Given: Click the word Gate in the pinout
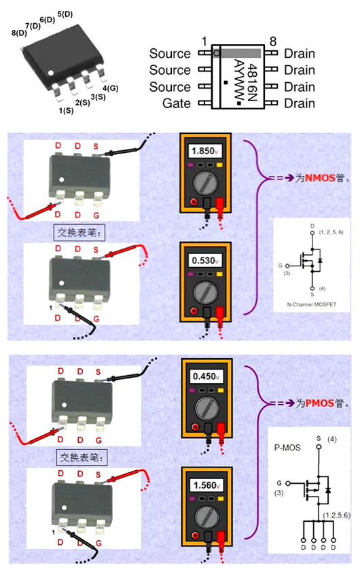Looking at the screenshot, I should [177, 104].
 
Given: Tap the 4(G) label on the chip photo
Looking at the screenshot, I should [110, 88].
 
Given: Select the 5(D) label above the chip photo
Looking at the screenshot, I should [65, 14].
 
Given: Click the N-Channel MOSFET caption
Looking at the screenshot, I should [311, 304].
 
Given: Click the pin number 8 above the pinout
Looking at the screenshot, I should [273, 41].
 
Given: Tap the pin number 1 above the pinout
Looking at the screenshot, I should [204, 41].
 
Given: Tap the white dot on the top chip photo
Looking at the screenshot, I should [51, 71].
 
